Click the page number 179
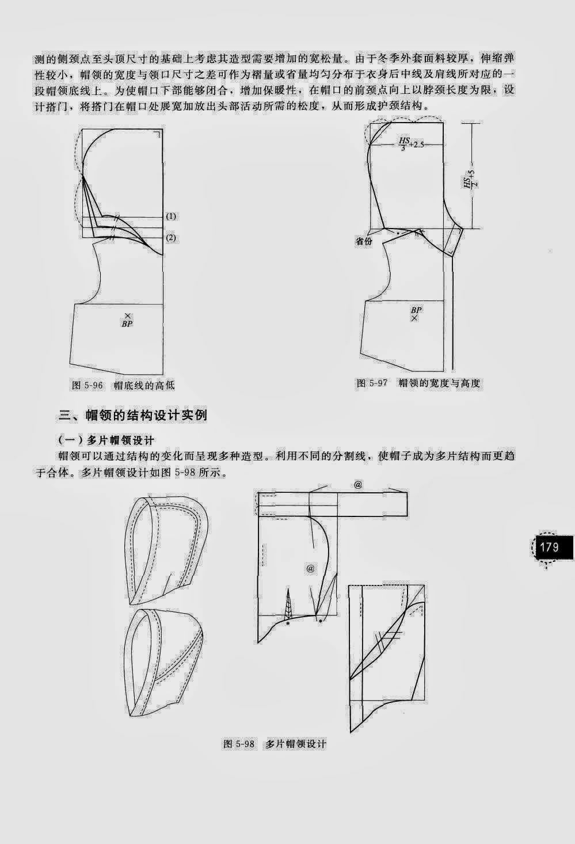click(x=549, y=546)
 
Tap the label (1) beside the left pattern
click(x=171, y=216)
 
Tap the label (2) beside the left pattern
click(x=171, y=238)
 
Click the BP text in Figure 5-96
click(x=127, y=324)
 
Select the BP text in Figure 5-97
click(x=416, y=310)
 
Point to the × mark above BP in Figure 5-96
click(x=127, y=315)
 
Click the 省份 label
click(x=363, y=242)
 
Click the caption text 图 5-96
click(x=86, y=385)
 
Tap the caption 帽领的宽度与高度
click(x=439, y=383)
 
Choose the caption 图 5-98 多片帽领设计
click(x=274, y=744)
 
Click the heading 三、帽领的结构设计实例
click(x=133, y=415)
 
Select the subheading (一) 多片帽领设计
click(x=106, y=440)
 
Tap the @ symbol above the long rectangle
click(x=357, y=485)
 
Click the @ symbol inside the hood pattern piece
click(x=310, y=568)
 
